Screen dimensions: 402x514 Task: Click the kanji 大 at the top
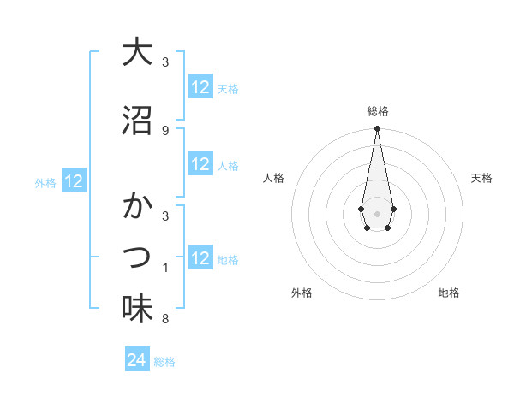coord(137,52)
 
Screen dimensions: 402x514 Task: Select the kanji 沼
coord(137,121)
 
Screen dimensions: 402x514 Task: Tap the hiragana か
coord(137,206)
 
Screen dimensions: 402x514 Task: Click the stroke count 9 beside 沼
coord(164,130)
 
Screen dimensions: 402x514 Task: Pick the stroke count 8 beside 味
coord(164,319)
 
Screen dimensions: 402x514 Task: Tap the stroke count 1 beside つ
coord(164,268)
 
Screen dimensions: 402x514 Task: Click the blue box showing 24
coord(137,360)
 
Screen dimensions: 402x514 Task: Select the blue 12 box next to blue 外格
coord(74,181)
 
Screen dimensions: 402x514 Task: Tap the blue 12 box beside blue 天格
coord(200,87)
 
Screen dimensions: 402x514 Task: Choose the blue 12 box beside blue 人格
coord(200,164)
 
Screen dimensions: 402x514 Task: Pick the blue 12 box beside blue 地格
coord(200,258)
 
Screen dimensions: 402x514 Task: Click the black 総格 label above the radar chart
coord(377,111)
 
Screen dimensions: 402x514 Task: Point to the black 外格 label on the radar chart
coord(302,293)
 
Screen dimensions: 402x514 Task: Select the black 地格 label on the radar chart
coord(449,293)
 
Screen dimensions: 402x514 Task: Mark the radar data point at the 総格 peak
coord(377,129)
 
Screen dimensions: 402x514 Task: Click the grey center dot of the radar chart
coord(377,212)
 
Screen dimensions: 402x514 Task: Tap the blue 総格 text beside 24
coord(164,361)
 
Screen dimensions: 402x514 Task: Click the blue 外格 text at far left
coord(45,182)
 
